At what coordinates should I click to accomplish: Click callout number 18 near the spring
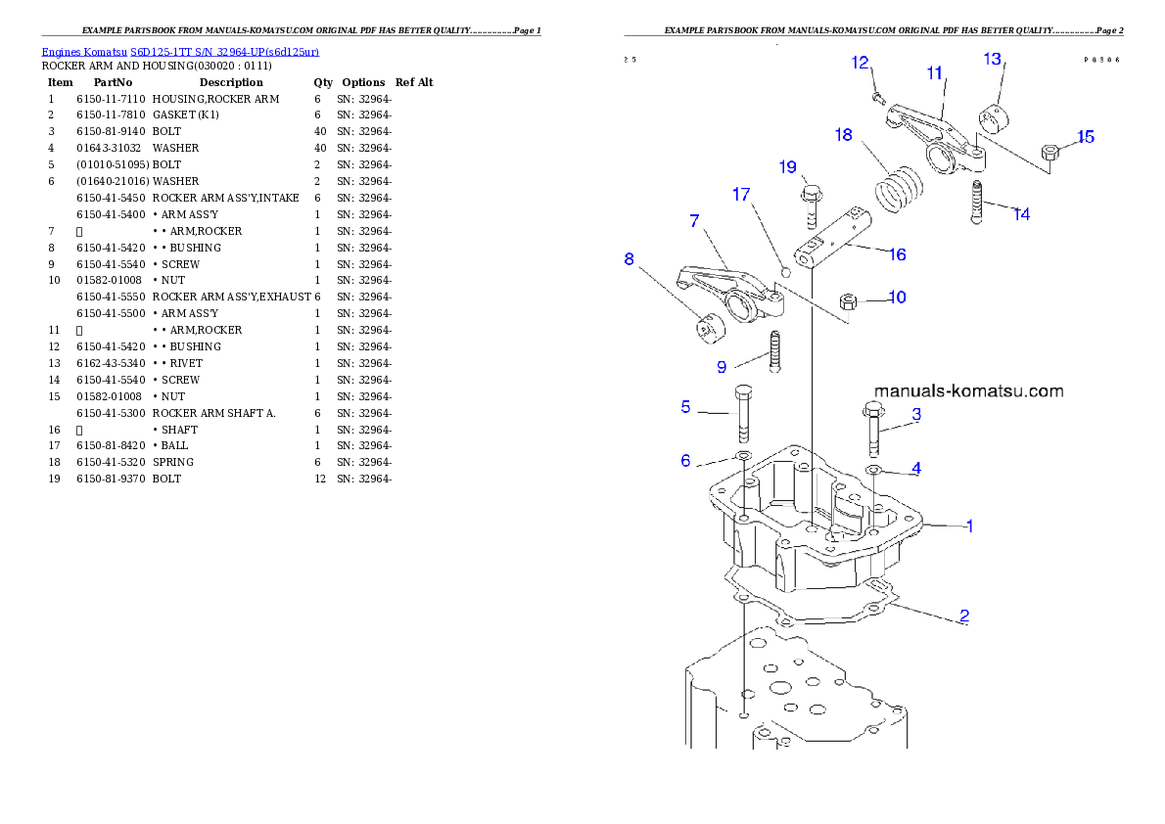(x=844, y=135)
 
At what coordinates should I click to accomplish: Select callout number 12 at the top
(x=861, y=64)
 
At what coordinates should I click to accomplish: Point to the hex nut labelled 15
(x=1050, y=153)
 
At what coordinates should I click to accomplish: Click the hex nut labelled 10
(x=850, y=299)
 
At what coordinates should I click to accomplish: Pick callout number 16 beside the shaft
(x=897, y=254)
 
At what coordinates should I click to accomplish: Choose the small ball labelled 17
(x=784, y=270)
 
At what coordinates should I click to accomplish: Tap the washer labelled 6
(x=742, y=458)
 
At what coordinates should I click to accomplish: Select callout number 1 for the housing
(x=969, y=526)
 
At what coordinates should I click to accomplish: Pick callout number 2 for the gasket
(x=964, y=617)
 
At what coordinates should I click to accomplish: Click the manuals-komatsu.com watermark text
(x=967, y=391)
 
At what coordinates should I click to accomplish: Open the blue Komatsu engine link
(x=180, y=51)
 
